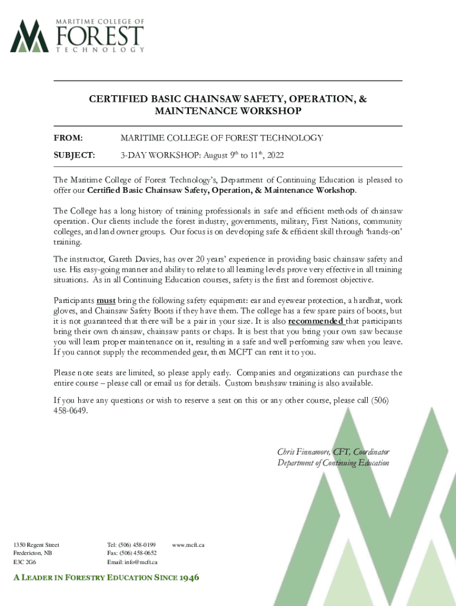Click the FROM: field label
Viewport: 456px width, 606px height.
68,138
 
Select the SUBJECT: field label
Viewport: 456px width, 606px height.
74,156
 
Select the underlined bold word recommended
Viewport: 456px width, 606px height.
316,321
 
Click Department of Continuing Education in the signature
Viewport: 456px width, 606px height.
333,463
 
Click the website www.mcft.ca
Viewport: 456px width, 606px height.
188,544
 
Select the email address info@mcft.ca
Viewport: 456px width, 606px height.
140,562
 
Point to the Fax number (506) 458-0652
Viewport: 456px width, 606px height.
138,553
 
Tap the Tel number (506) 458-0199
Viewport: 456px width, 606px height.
137,544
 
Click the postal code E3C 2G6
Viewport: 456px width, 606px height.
24,562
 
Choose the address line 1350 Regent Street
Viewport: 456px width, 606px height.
36,544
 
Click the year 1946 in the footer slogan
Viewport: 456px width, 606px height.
185,578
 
